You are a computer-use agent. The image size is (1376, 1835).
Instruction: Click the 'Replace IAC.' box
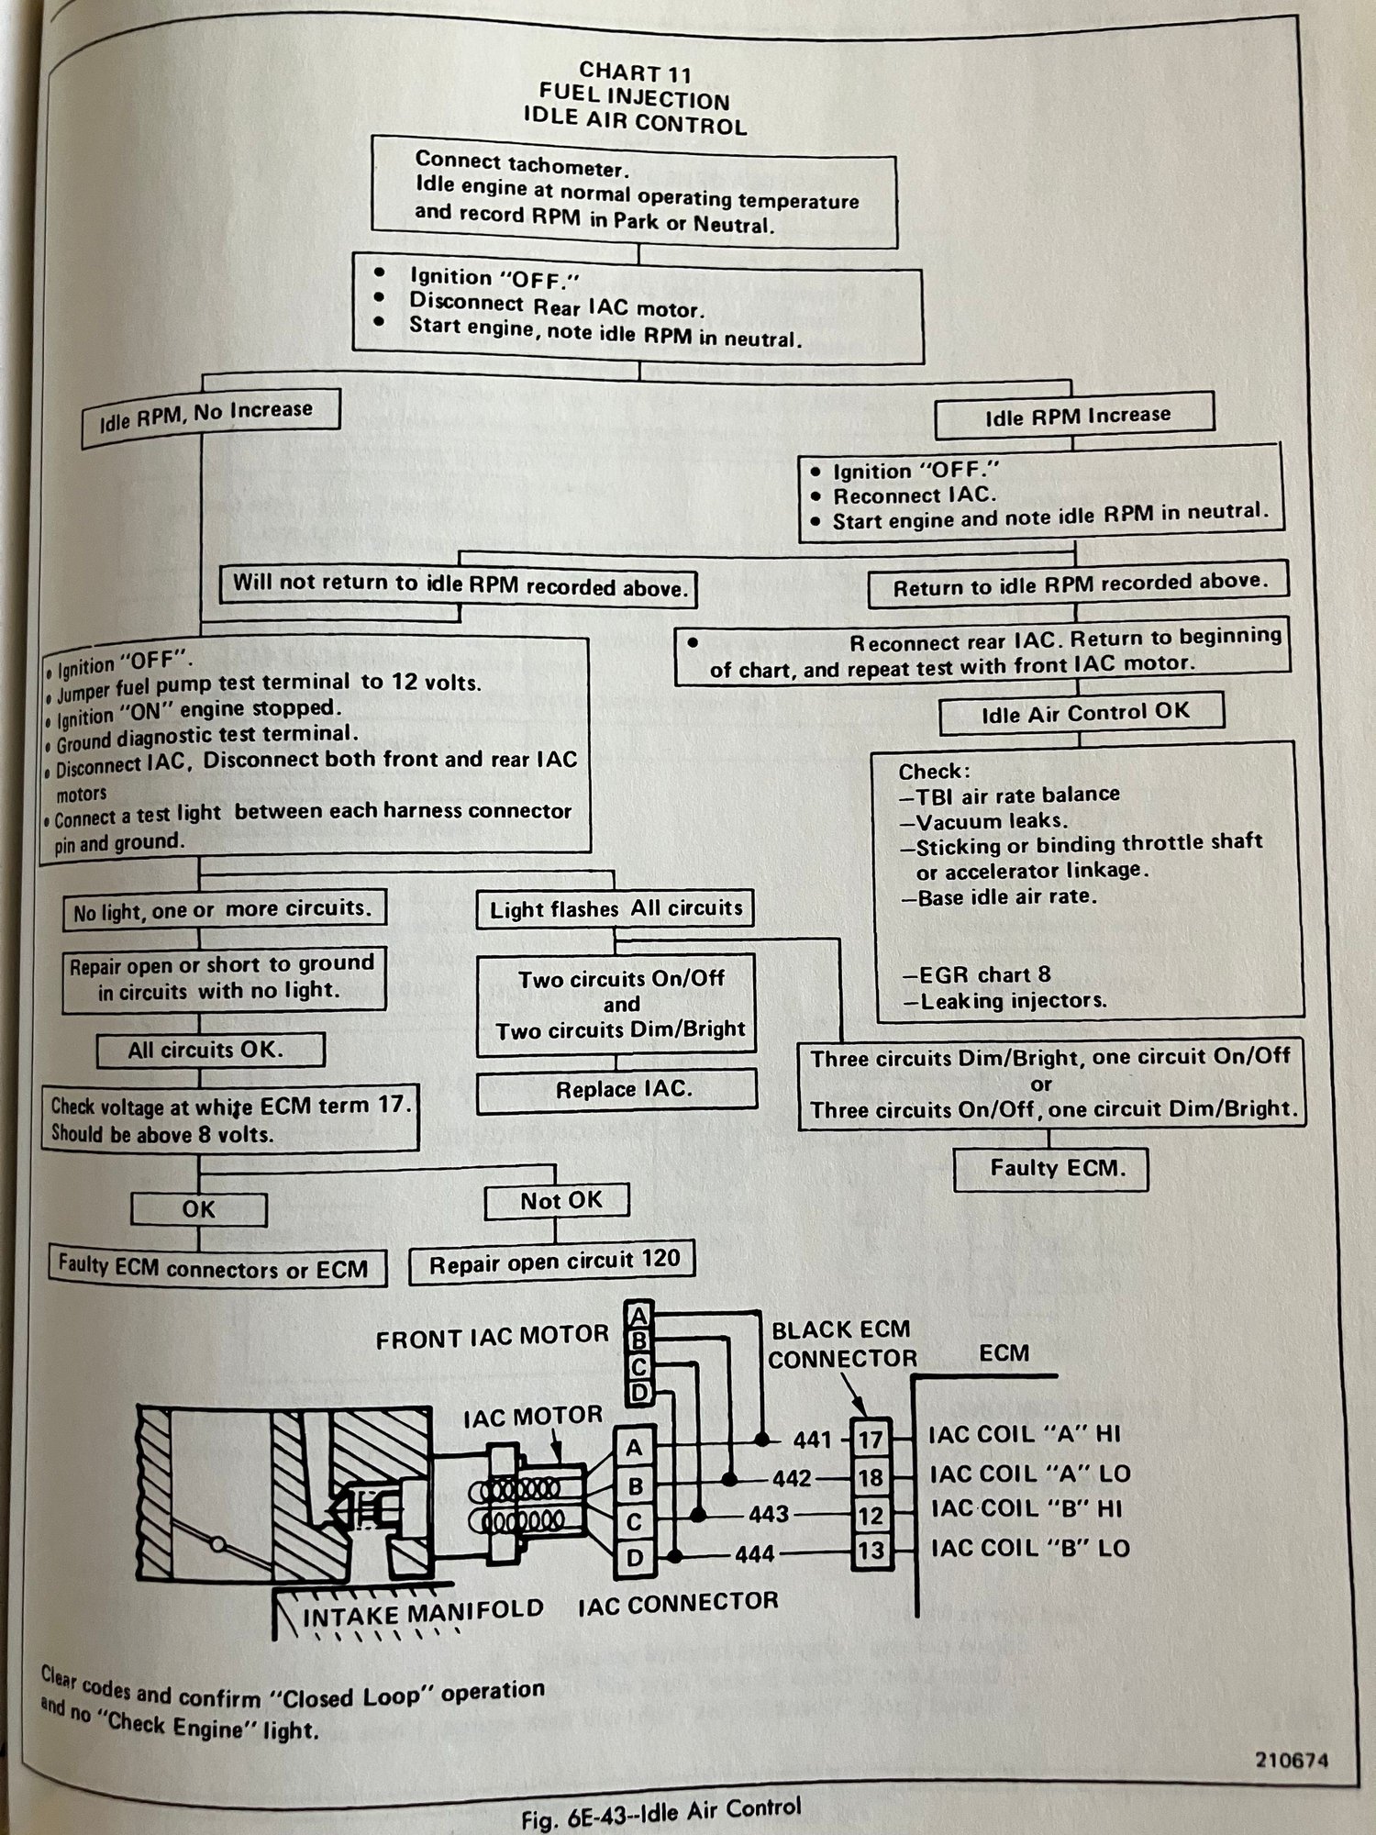(x=617, y=1090)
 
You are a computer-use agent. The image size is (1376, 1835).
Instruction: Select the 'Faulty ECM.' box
(x=1057, y=1169)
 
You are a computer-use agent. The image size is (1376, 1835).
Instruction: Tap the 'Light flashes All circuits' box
(x=616, y=909)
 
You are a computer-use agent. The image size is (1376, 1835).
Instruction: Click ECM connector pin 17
(x=869, y=1440)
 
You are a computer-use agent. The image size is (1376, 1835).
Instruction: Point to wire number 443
(x=768, y=1513)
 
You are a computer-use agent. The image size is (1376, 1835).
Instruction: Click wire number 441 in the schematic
(x=812, y=1440)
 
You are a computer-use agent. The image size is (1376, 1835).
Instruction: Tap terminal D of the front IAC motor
(x=639, y=1392)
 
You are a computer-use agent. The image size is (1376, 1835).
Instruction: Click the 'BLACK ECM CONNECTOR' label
(x=841, y=1343)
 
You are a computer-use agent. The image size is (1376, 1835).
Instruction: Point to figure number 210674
(x=1292, y=1760)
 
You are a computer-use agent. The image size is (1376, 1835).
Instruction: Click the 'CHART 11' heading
(x=635, y=71)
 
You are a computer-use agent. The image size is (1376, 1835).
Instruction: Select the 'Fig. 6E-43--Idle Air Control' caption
(x=660, y=1809)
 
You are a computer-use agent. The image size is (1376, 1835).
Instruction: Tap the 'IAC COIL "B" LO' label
(x=1030, y=1549)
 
